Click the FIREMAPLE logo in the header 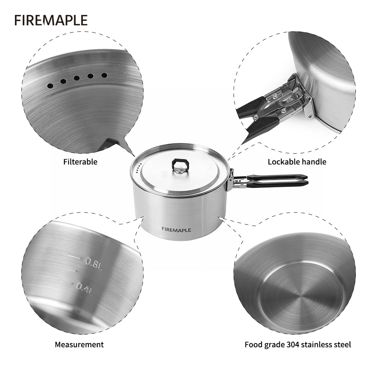(51, 20)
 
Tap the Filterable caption (80, 162)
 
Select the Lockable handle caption (297, 162)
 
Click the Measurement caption (79, 345)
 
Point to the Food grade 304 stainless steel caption (298, 345)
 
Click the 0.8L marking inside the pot (94, 262)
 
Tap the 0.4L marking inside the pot (85, 286)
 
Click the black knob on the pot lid (178, 165)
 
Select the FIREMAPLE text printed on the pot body (176, 230)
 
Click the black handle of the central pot (278, 181)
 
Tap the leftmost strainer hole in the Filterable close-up (50, 86)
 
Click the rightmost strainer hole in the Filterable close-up (104, 75)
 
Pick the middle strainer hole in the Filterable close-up (76, 78)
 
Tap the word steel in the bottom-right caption (342, 345)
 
